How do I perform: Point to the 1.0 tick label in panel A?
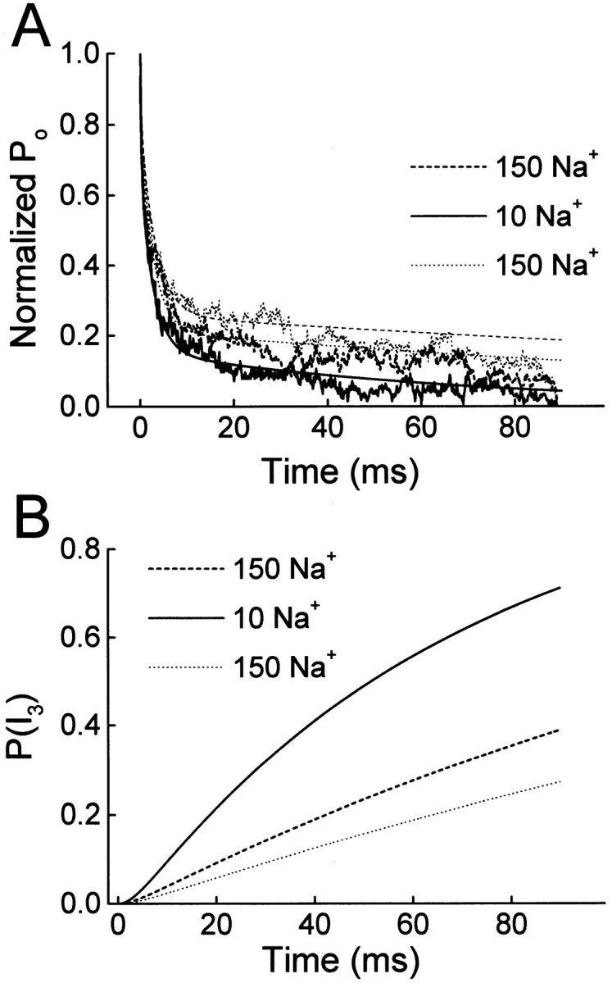point(81,54)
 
